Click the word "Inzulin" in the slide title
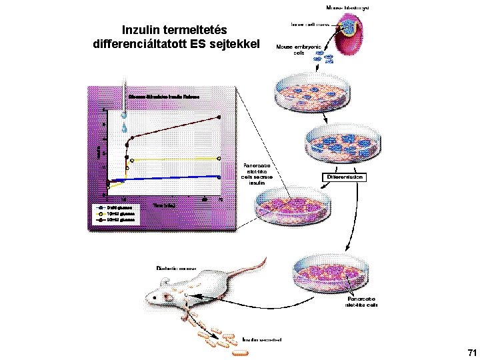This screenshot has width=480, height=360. tap(141, 30)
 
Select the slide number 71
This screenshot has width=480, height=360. tap(472, 352)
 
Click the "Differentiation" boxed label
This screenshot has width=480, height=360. tap(345, 178)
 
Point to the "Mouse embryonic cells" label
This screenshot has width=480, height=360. tap(299, 50)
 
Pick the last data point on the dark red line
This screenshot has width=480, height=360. tap(220, 117)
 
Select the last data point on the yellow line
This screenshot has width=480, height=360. tap(220, 159)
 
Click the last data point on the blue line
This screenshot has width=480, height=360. tap(220, 177)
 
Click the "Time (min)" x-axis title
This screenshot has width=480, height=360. tap(163, 205)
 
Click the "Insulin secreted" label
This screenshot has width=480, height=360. tap(261, 339)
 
